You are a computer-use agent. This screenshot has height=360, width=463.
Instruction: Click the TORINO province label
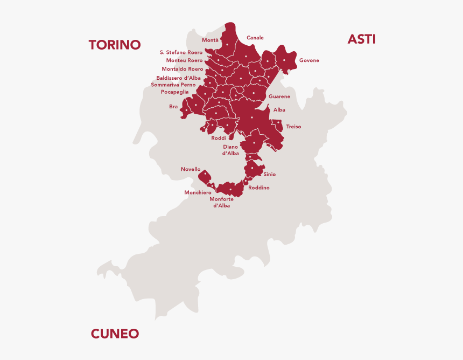pyautogui.click(x=114, y=45)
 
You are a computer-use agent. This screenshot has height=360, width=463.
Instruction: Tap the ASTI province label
pyautogui.click(x=361, y=39)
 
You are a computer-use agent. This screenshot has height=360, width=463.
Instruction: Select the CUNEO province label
pyautogui.click(x=115, y=334)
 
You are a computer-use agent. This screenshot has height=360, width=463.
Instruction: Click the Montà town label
pyautogui.click(x=210, y=40)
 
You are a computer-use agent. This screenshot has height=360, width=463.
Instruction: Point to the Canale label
pyautogui.click(x=255, y=38)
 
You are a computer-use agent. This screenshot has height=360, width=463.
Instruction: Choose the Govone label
pyautogui.click(x=309, y=60)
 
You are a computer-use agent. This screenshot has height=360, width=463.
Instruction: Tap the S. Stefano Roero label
pyautogui.click(x=181, y=52)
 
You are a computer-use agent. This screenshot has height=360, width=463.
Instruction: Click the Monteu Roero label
pyautogui.click(x=184, y=60)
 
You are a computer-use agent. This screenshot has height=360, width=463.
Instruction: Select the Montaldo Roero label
pyautogui.click(x=183, y=69)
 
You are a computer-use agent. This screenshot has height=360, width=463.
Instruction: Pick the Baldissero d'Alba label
pyautogui.click(x=178, y=78)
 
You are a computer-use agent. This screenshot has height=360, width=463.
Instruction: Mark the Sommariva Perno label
pyautogui.click(x=173, y=85)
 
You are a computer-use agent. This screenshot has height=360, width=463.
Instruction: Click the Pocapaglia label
pyautogui.click(x=174, y=92)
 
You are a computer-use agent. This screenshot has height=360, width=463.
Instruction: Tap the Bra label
pyautogui.click(x=173, y=107)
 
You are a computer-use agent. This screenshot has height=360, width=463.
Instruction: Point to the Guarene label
pyautogui.click(x=279, y=96)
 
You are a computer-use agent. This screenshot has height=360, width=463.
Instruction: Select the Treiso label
pyautogui.click(x=293, y=127)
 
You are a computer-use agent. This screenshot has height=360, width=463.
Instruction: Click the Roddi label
pyautogui.click(x=219, y=138)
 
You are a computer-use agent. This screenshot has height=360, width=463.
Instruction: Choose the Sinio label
pyautogui.click(x=269, y=175)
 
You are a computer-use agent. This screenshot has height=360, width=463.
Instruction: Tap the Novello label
pyautogui.click(x=191, y=169)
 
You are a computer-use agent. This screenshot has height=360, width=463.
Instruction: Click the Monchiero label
pyautogui.click(x=198, y=192)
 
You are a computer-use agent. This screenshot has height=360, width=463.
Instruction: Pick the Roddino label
pyautogui.click(x=259, y=188)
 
